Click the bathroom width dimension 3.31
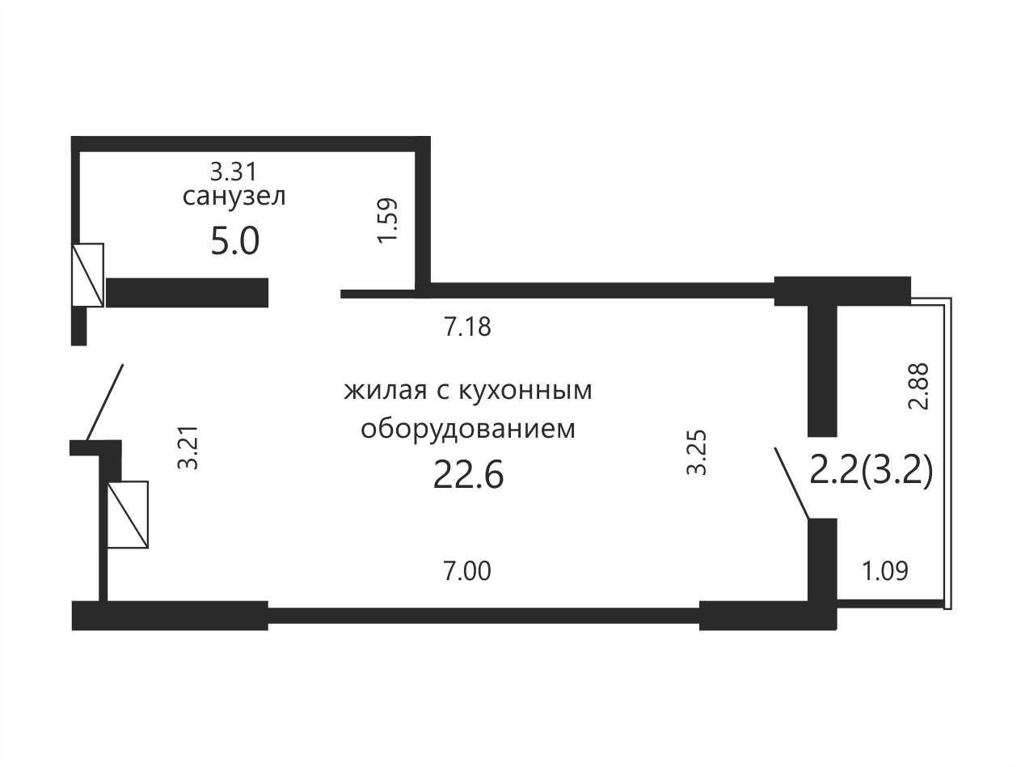tap(234, 172)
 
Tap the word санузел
tap(234, 197)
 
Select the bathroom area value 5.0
tap(234, 241)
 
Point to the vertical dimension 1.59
tap(387, 220)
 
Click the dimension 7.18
tap(467, 327)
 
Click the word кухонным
tap(525, 391)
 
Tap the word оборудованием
tap(468, 429)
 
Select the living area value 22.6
tap(468, 475)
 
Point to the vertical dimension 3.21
tap(188, 447)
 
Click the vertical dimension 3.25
tap(697, 452)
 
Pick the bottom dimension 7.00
tap(467, 571)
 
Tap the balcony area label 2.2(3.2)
tap(871, 472)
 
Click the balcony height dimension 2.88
tap(918, 386)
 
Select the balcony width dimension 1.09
tap(885, 571)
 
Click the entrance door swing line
tap(104, 402)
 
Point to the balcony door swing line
tap(791, 483)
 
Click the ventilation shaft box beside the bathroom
tap(87, 275)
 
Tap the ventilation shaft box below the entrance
tap(128, 515)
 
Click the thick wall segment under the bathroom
tap(187, 293)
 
